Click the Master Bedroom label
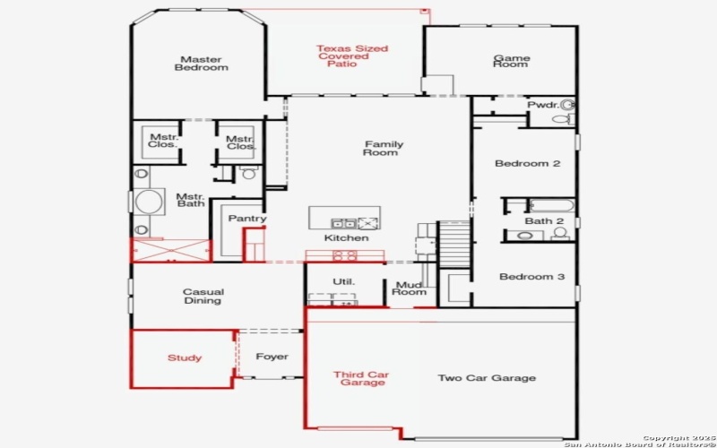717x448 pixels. point(201,63)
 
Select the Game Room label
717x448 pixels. point(512,61)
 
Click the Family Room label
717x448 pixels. point(383,148)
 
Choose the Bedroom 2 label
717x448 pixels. point(529,164)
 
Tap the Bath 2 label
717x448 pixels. point(544,220)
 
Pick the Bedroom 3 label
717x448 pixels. point(531,277)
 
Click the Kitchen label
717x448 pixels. point(346,237)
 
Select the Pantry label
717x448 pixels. point(246,219)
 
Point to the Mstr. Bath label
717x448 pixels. point(190,200)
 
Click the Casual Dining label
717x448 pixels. point(203,296)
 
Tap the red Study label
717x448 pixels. point(185,358)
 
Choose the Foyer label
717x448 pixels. point(272,357)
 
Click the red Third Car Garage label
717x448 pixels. point(361,378)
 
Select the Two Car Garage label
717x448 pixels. point(487,378)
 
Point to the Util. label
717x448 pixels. point(344,281)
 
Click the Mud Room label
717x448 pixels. point(410,288)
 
